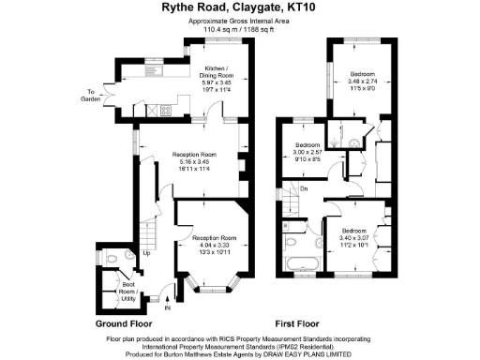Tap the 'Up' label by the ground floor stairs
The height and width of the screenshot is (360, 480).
point(147,253)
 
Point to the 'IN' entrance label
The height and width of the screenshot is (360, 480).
point(168,307)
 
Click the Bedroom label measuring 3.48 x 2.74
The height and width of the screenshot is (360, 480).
point(362,82)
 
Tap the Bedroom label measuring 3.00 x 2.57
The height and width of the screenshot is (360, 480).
point(308,153)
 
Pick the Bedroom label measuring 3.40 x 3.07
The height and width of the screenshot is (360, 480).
point(353,237)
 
